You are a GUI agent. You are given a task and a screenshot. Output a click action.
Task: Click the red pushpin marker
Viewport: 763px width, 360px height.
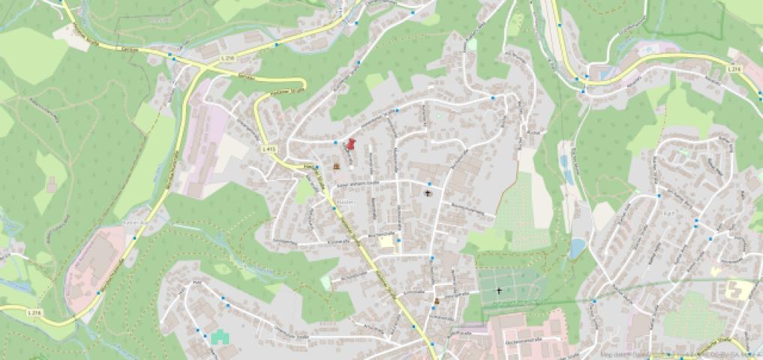350,143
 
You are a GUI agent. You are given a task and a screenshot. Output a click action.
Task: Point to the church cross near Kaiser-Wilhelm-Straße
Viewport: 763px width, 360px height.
428,194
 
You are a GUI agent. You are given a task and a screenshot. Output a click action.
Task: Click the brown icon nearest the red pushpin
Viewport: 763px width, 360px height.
337,165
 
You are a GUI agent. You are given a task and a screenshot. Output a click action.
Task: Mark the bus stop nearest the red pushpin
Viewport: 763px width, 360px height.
335,141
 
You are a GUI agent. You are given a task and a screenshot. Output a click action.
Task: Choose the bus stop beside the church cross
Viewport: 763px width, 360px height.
428,184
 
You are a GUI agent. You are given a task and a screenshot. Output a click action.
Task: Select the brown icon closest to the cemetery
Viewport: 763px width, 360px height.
437,301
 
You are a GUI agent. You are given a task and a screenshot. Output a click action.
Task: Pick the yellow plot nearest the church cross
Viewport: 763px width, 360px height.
386,241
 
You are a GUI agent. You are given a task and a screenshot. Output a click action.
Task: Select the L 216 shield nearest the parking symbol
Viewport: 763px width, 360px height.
734,69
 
